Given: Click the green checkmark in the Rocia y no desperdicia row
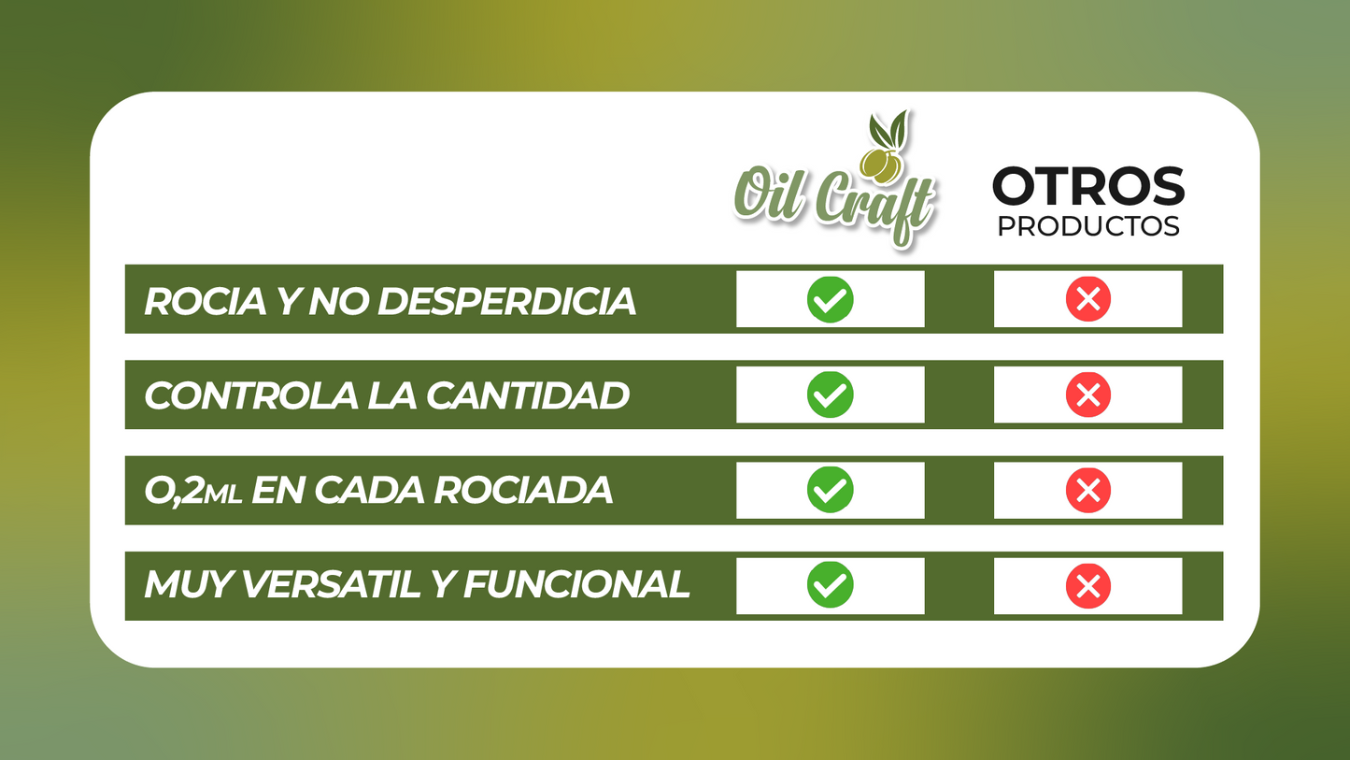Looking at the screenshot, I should point(830,299).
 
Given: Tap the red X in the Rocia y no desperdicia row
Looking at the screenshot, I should point(1087,299).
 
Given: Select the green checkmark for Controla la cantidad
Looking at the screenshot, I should point(830,394).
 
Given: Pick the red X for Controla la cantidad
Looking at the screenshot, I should point(1087,394).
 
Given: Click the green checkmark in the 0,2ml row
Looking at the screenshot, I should point(830,490).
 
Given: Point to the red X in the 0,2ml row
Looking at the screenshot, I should point(1087,490).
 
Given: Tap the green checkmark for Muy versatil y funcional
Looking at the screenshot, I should point(830,586).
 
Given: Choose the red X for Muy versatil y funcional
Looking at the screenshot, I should point(1087,586).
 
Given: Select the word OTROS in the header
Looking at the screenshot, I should point(1087,187).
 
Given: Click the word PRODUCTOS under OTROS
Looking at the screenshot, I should point(1087,227).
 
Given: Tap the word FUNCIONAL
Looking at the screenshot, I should point(576,586).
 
